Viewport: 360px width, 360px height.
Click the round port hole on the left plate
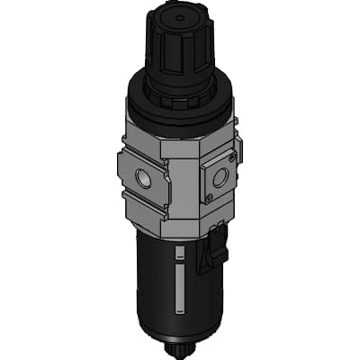143,176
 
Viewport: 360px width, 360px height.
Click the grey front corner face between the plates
179,180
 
